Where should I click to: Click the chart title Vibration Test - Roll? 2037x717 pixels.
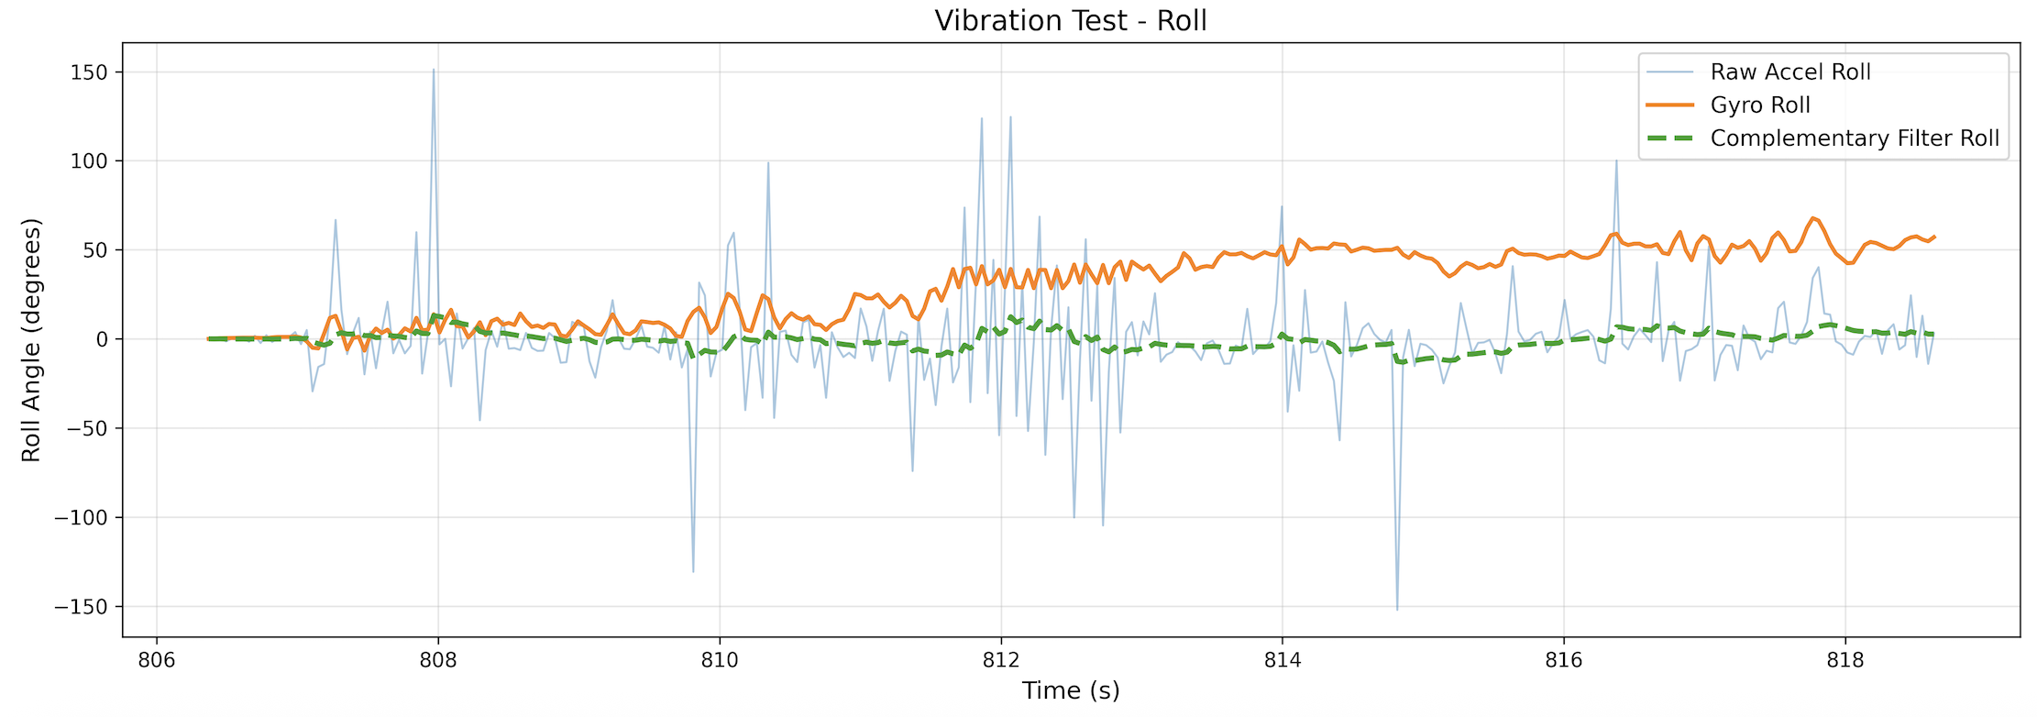point(1070,20)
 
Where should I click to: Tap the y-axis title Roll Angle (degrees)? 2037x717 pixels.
point(32,339)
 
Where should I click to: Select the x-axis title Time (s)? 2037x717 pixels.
point(1070,691)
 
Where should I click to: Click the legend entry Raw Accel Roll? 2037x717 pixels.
point(1789,72)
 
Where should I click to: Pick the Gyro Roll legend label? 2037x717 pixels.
point(1759,105)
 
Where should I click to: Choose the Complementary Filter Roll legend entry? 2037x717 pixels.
point(1854,138)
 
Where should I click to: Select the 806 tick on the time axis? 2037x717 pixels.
point(157,661)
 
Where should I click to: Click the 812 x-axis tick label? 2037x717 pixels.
point(1001,661)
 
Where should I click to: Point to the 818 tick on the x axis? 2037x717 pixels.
point(1844,661)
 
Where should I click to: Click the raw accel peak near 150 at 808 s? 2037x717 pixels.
point(434,70)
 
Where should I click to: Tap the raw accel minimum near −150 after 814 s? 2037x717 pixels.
point(1397,609)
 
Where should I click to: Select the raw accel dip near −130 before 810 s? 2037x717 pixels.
point(693,571)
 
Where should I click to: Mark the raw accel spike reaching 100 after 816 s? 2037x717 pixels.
point(1616,161)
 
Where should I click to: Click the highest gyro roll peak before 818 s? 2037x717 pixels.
point(1812,218)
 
